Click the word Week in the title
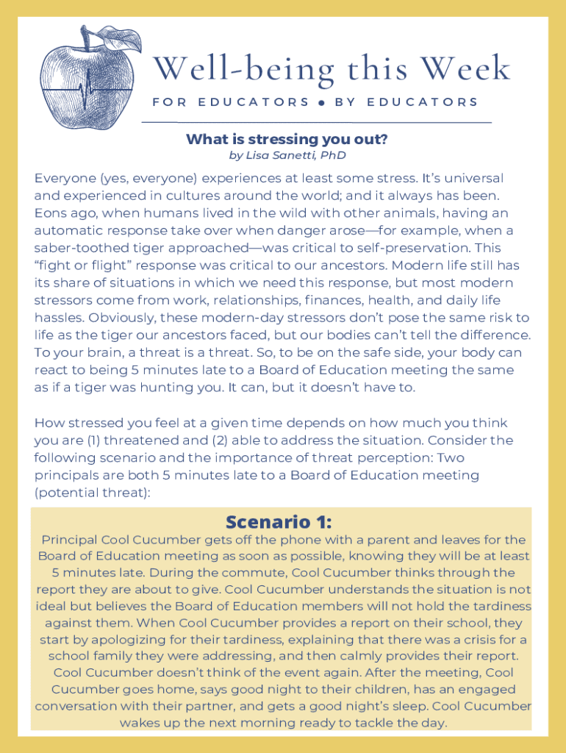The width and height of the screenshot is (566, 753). click(470, 69)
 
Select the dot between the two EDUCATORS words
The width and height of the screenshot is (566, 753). click(322, 102)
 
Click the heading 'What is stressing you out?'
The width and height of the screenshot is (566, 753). click(287, 139)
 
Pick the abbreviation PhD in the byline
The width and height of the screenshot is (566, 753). click(332, 155)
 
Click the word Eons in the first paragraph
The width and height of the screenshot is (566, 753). click(50, 213)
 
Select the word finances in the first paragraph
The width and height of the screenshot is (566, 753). click(329, 300)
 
